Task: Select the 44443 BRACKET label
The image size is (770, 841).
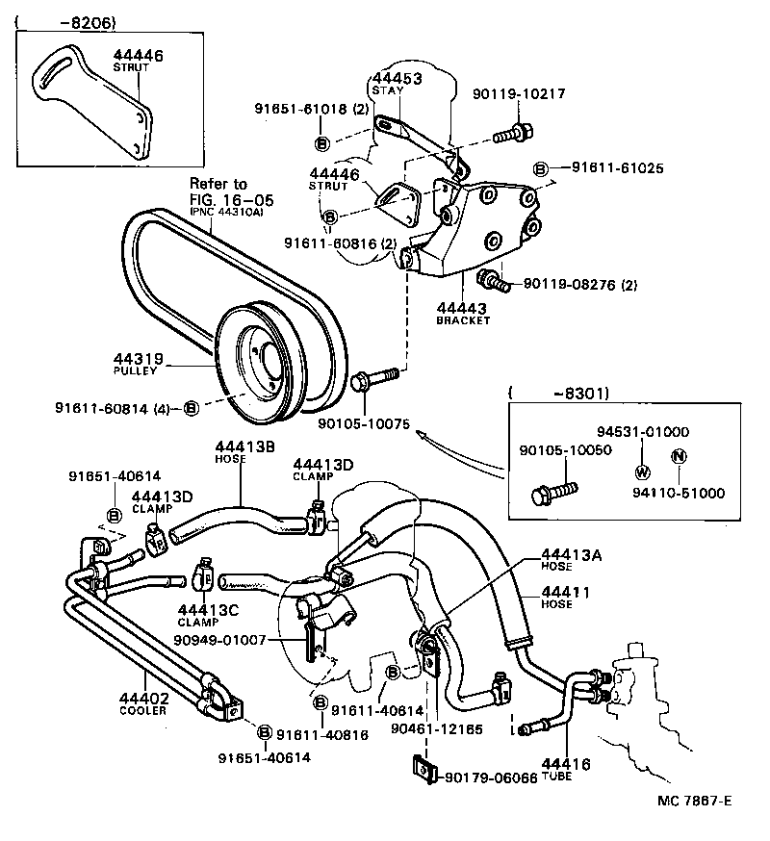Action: tap(463, 312)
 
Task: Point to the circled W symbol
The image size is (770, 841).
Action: tap(642, 471)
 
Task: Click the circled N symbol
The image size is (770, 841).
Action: tap(678, 456)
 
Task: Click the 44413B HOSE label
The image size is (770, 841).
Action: tap(244, 451)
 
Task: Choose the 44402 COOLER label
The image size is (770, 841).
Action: tap(143, 704)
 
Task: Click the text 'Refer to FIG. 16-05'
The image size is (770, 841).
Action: tap(231, 192)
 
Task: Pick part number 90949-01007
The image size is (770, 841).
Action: tap(227, 640)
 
